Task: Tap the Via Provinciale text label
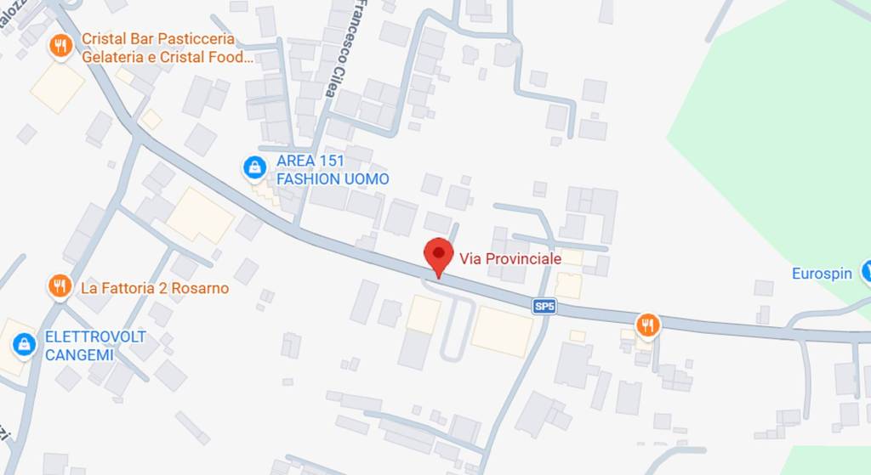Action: click(510, 258)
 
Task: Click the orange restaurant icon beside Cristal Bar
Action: click(60, 46)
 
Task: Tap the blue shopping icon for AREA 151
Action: click(253, 168)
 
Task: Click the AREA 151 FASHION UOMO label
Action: click(332, 170)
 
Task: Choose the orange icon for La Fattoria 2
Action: click(59, 286)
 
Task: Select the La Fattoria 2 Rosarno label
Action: click(155, 288)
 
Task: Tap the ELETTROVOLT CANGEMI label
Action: click(95, 345)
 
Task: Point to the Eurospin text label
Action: click(822, 274)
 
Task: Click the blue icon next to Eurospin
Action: click(865, 272)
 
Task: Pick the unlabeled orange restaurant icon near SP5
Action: click(648, 324)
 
